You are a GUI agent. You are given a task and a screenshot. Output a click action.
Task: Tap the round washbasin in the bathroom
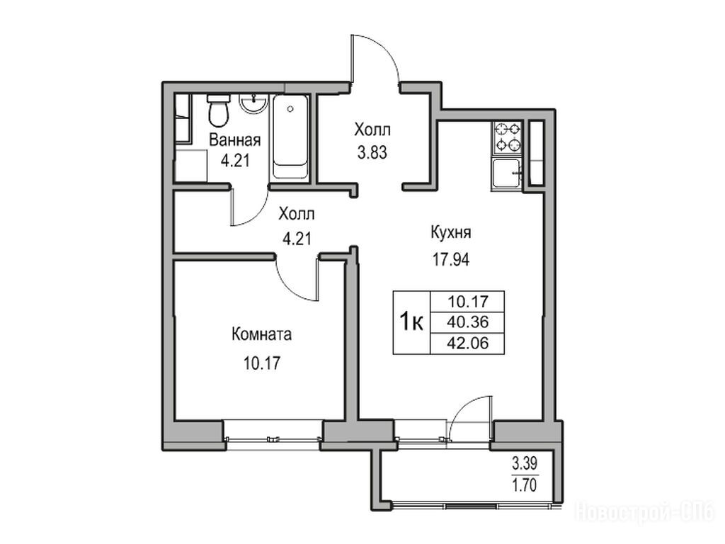253,103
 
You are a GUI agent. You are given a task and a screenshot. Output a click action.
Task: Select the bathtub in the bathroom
290,137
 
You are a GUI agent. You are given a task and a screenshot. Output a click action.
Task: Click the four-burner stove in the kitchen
507,138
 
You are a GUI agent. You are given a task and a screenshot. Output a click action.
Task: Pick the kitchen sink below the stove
507,174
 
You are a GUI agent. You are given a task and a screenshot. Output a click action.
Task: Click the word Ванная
235,140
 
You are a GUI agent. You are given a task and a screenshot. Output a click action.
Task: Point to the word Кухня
451,232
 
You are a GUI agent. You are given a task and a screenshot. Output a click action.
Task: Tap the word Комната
262,334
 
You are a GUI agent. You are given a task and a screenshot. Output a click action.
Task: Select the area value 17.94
451,260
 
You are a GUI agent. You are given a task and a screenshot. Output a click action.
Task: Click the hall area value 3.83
372,152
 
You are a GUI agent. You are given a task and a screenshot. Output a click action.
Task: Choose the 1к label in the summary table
411,322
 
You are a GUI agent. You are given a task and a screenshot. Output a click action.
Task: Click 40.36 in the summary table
467,322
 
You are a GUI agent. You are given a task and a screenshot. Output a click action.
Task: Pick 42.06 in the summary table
467,344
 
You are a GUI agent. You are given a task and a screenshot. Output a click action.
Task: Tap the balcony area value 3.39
525,463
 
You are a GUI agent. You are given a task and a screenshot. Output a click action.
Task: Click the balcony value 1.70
525,485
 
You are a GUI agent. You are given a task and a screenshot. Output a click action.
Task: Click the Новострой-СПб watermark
644,513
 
